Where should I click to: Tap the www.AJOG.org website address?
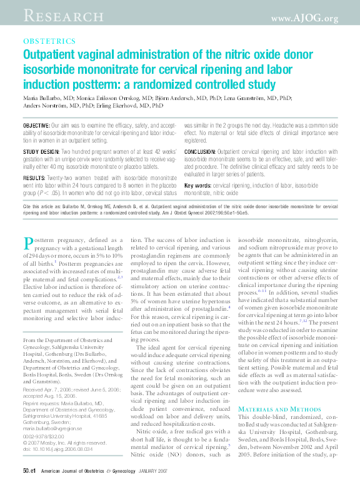(x=304, y=18)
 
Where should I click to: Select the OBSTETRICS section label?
(x=49, y=40)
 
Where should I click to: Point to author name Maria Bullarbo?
(x=47, y=98)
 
